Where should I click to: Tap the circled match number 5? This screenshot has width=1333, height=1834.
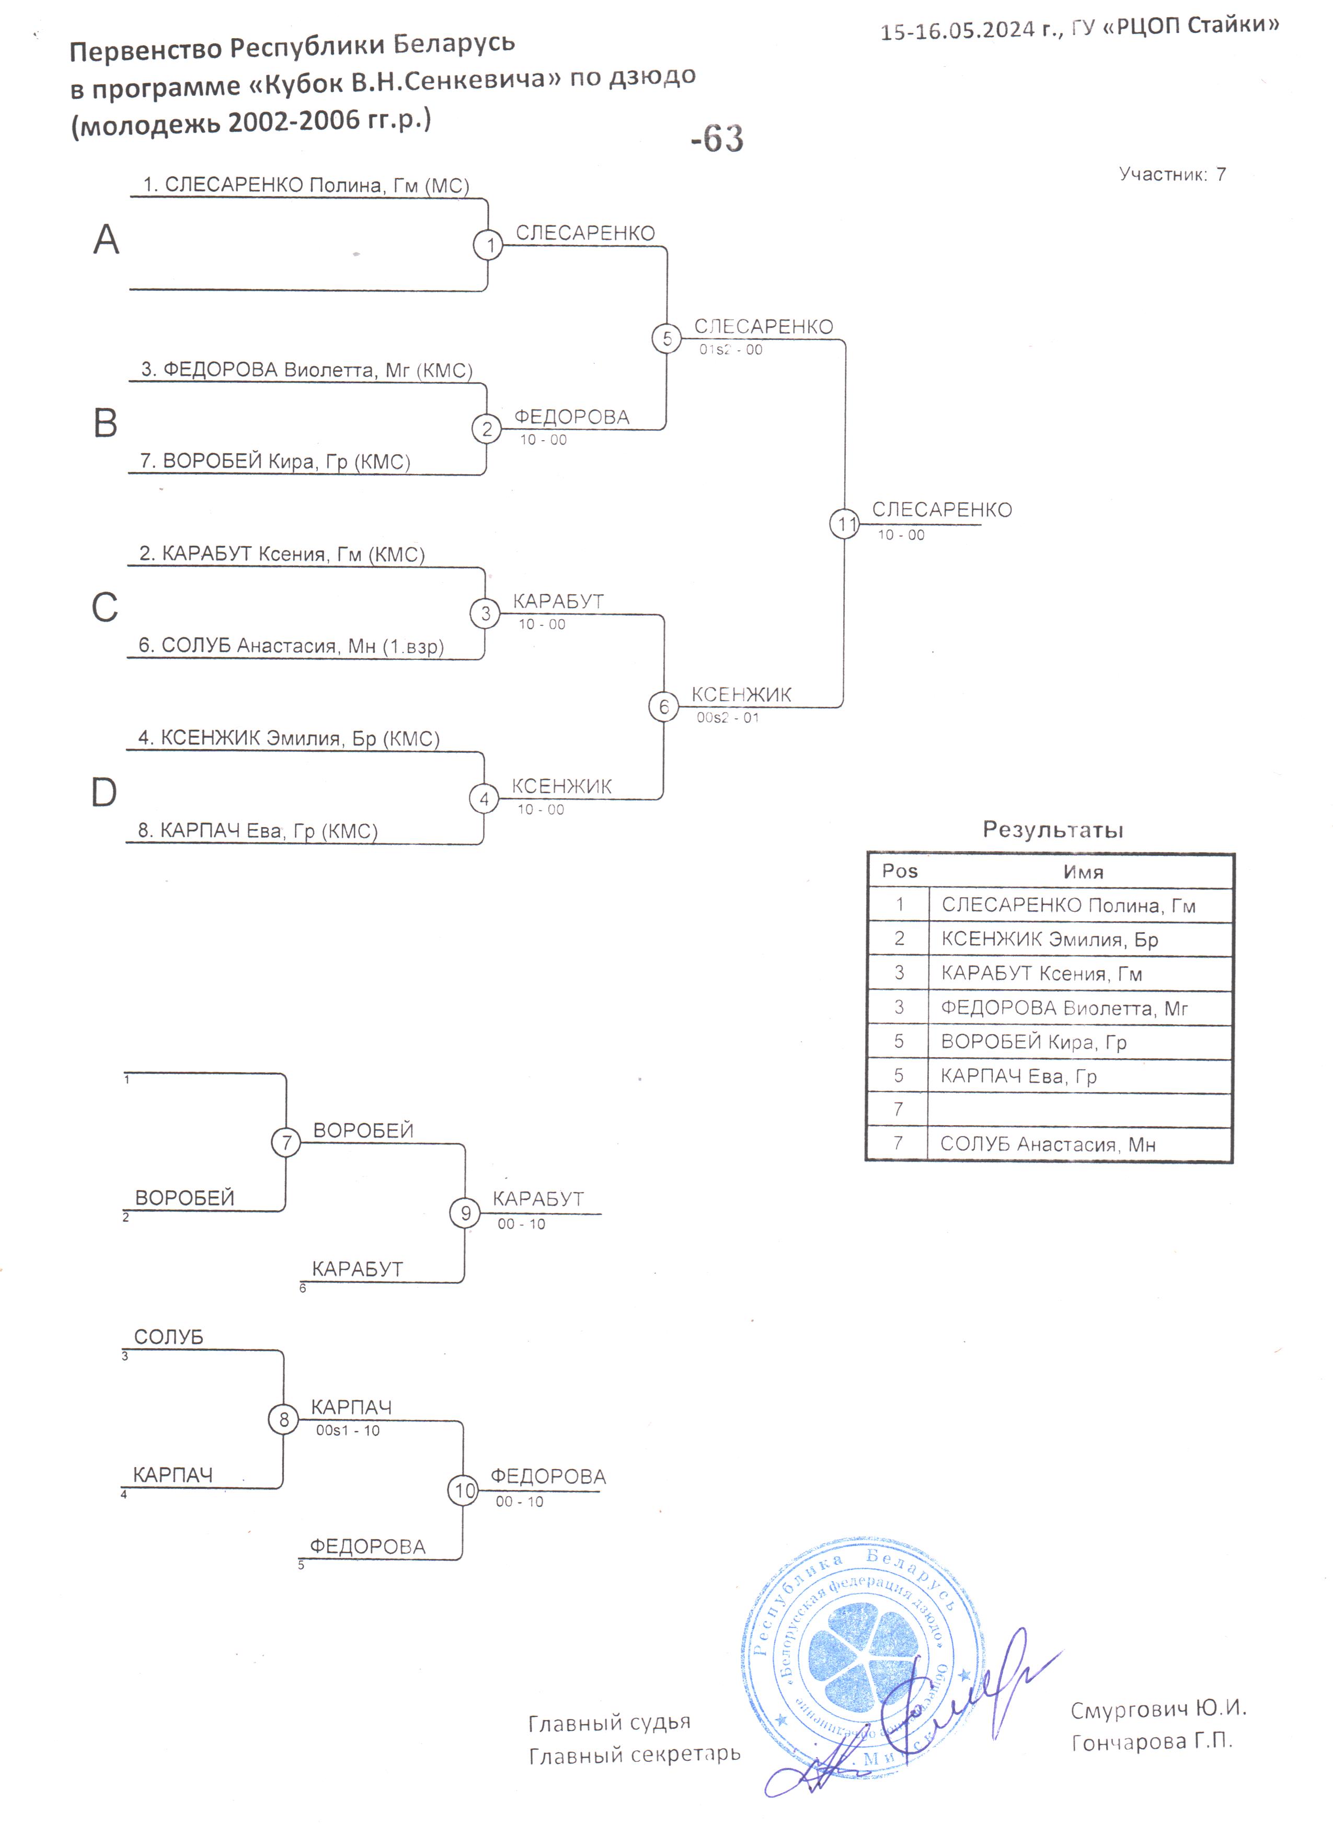[x=667, y=338]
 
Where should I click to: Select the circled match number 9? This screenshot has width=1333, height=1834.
[x=465, y=1213]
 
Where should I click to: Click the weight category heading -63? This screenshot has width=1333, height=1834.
[x=717, y=138]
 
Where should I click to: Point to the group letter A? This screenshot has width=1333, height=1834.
[x=106, y=239]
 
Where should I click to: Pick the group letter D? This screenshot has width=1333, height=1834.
[x=104, y=793]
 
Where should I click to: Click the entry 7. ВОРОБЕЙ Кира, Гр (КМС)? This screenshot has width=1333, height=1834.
[x=275, y=461]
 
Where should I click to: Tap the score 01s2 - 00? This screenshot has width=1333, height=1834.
[x=731, y=349]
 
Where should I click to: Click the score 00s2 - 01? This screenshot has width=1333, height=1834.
[x=728, y=717]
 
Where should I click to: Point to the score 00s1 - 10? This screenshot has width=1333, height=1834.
[x=348, y=1430]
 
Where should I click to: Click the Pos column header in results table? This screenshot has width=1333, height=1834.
[x=900, y=871]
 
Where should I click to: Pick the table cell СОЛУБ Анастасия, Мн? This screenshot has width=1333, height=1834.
[x=1048, y=1144]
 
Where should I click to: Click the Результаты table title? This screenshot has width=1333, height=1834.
[x=1052, y=830]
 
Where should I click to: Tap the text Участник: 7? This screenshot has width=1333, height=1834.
[x=1172, y=174]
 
